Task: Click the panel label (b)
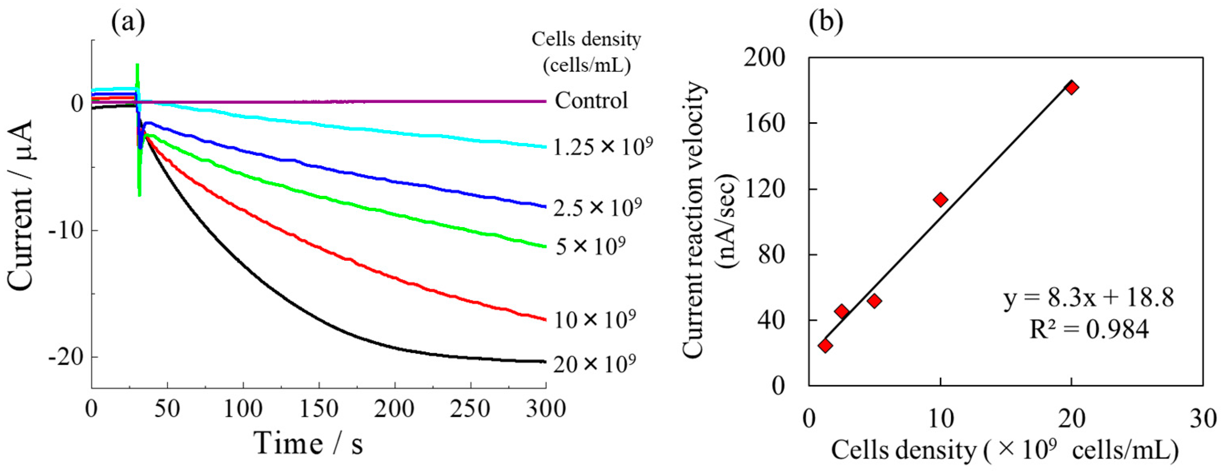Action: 827,21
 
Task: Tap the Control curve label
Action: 591,100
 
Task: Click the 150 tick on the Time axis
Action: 319,409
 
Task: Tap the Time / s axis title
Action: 309,444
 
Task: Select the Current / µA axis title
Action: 21,204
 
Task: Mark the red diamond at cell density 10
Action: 940,200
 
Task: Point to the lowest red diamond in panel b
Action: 825,345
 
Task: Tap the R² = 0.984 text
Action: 1088,329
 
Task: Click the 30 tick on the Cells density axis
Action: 1203,419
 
